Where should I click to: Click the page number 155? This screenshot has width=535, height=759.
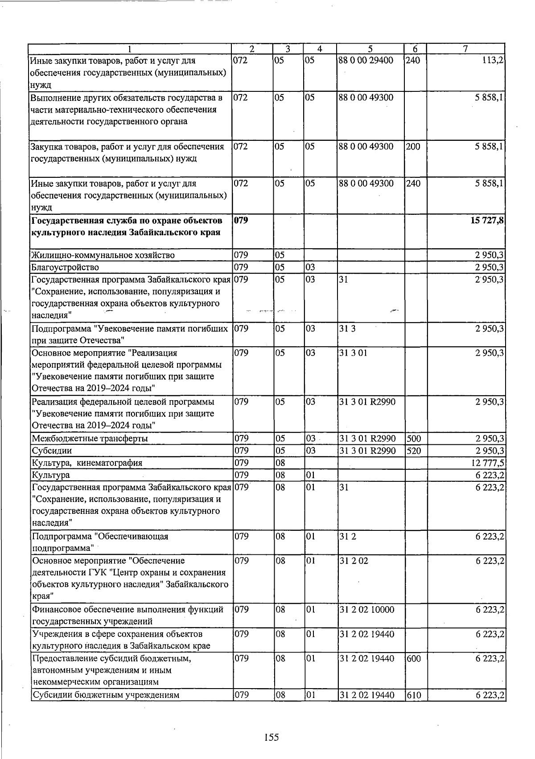click(x=271, y=737)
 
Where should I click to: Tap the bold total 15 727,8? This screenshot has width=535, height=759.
click(x=487, y=221)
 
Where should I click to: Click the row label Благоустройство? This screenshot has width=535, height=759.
click(x=65, y=267)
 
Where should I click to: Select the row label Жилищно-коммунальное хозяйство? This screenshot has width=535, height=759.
click(x=103, y=255)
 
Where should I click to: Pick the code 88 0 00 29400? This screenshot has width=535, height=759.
click(x=366, y=60)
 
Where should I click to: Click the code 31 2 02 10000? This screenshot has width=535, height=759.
click(x=366, y=609)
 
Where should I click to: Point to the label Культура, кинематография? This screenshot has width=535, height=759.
click(x=86, y=463)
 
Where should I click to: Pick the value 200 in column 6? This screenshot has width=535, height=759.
click(x=413, y=146)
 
